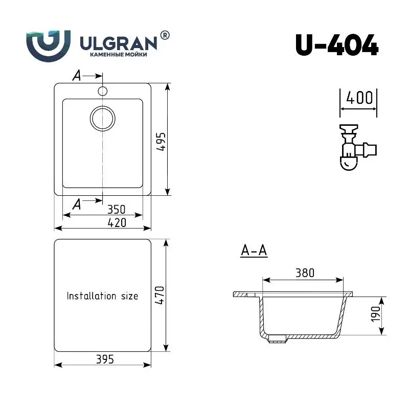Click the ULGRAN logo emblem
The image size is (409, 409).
click(48, 46)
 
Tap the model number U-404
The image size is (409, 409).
click(336, 46)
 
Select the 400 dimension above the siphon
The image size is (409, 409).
click(359, 97)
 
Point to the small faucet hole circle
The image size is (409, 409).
click(102, 92)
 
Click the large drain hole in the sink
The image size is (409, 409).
click(102, 118)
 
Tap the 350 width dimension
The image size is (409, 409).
click(117, 209)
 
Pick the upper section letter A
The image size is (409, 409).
click(77, 76)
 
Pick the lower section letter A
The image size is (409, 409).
click(77, 204)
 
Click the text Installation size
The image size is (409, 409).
click(102, 296)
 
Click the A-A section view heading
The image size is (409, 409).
click(254, 251)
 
